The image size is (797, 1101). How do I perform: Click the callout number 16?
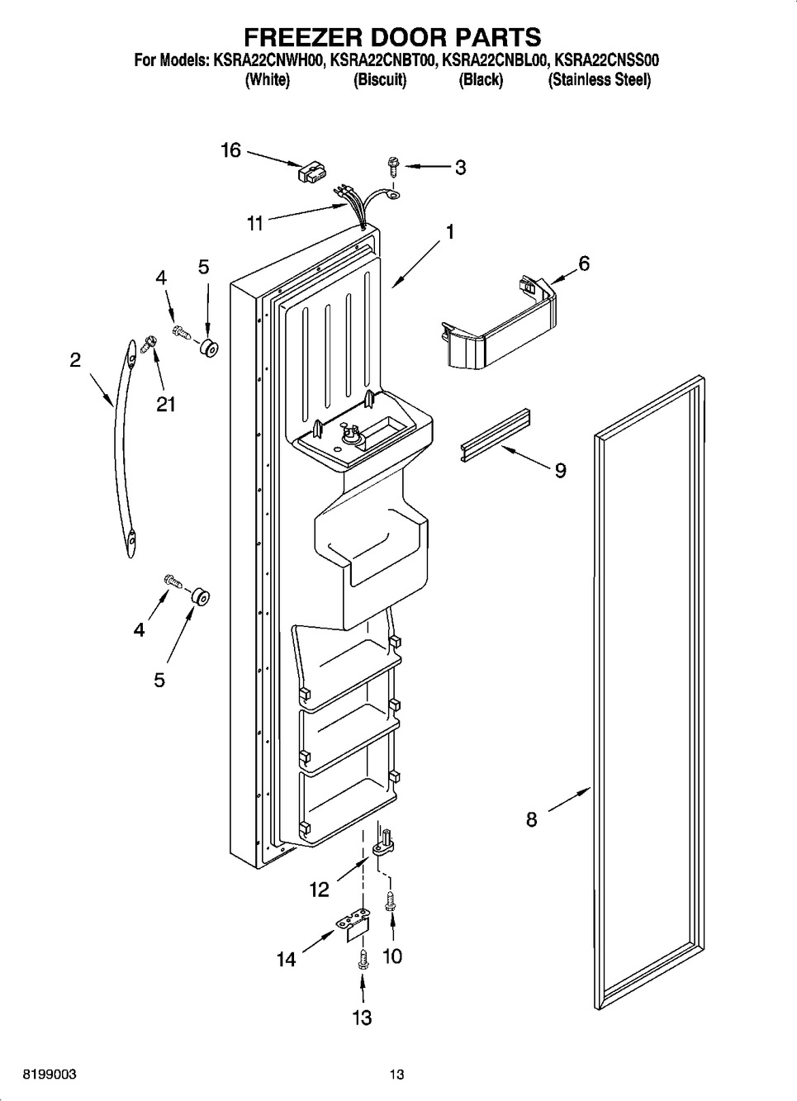tap(230, 150)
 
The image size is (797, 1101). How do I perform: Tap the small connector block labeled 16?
tap(312, 173)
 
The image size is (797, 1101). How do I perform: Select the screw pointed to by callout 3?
tap(394, 167)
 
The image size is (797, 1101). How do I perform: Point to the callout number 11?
tap(254, 224)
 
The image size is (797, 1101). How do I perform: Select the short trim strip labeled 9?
tap(496, 435)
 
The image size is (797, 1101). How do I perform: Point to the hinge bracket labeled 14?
tap(354, 926)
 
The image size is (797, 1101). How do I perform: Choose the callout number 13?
tap(362, 1017)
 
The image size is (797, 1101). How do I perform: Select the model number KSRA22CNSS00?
tap(606, 60)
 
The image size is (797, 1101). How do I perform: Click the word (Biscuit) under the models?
tap(380, 79)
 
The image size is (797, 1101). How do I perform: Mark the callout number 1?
tap(449, 232)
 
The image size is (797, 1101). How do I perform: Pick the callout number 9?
tap(560, 471)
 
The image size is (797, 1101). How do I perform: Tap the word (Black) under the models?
tap(481, 79)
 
